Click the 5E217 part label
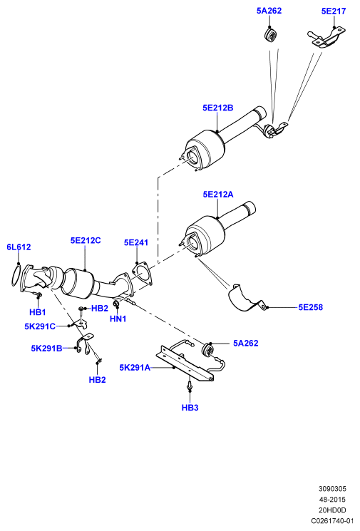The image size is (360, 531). pyautogui.click(x=333, y=11)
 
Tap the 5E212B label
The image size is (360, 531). pyautogui.click(x=217, y=108)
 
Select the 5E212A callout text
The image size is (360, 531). pyautogui.click(x=218, y=195)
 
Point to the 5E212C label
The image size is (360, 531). pyautogui.click(x=86, y=240)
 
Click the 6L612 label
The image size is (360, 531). pyautogui.click(x=19, y=247)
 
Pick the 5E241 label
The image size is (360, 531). pyautogui.click(x=136, y=242)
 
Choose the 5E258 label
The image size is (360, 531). pyautogui.click(x=311, y=307)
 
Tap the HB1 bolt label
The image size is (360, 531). pyautogui.click(x=37, y=312)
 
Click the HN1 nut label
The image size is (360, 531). pyautogui.click(x=118, y=319)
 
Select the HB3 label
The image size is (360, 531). pyautogui.click(x=190, y=408)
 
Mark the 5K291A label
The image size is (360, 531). pyautogui.click(x=135, y=368)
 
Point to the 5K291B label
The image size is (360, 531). pyautogui.click(x=46, y=348)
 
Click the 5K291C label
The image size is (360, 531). pyautogui.click(x=40, y=326)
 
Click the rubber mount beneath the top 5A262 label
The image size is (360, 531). pyautogui.click(x=270, y=35)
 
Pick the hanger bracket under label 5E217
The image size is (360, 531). pyautogui.click(x=326, y=38)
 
